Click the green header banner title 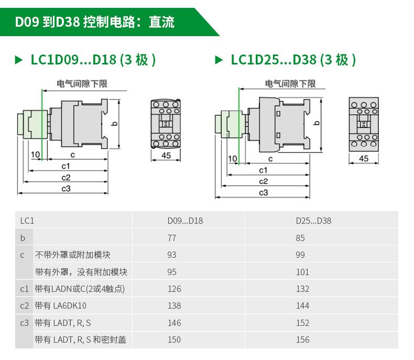coord(94,22)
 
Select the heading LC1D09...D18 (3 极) coord(93,60)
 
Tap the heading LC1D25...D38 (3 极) coord(293,60)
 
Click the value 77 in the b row coord(172,238)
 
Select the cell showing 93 coord(172,255)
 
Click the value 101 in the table coord(302,272)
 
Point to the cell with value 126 coord(174,289)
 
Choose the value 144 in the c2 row coord(302,306)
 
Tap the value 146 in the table coord(174,323)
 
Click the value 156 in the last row coord(302,340)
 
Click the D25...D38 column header coord(313,221)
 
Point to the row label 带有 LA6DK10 coord(61,306)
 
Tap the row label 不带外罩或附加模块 coord(73,255)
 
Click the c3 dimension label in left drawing coord(66,189)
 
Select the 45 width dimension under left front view coord(166,155)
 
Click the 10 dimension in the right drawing coord(233,159)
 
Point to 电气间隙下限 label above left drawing coord(82,84)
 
